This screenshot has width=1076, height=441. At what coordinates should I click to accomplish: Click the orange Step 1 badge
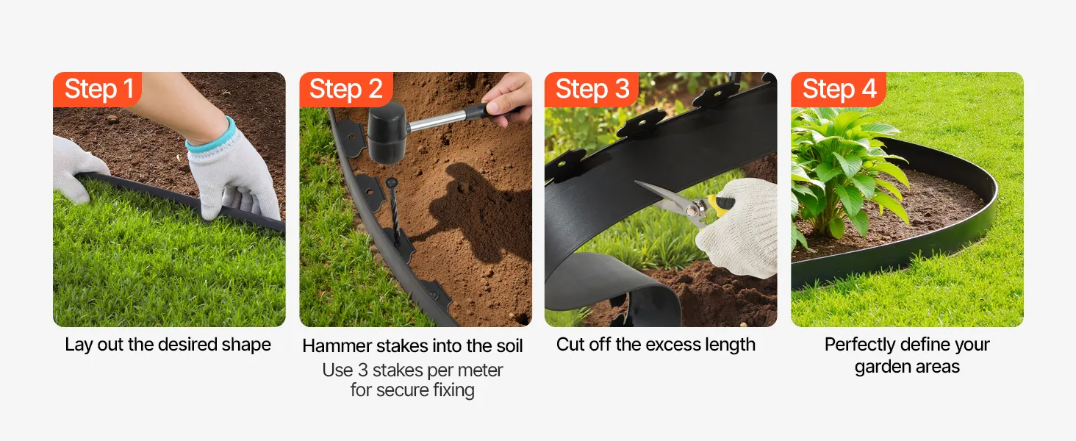tap(97, 90)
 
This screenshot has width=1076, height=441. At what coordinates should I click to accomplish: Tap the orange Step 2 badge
tap(346, 90)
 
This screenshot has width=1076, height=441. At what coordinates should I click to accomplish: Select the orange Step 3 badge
tap(592, 90)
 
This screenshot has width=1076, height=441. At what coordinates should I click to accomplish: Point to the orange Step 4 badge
tap(838, 90)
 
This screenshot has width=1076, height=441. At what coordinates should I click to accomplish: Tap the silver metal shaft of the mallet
tap(438, 120)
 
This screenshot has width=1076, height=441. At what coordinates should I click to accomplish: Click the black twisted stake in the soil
tap(395, 209)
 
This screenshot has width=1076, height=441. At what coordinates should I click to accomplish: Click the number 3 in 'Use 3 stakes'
tap(362, 370)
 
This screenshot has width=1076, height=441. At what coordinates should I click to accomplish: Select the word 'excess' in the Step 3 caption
tap(668, 345)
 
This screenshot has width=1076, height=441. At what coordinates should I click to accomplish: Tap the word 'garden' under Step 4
tap(883, 367)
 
